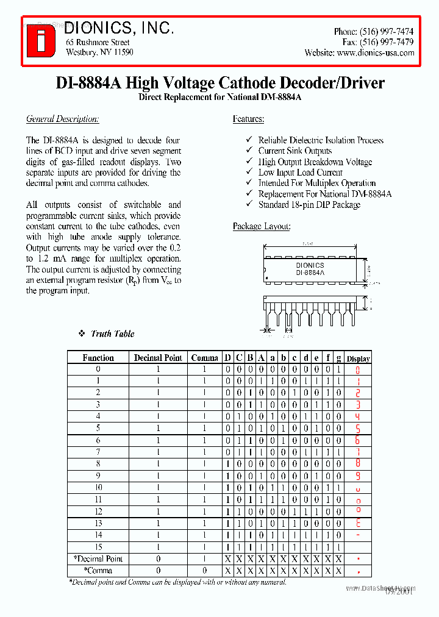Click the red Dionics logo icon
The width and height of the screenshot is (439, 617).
41,41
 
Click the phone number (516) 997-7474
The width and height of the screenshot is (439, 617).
387,31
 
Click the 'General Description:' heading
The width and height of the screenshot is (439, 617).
62,119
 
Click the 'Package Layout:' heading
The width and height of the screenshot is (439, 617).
262,226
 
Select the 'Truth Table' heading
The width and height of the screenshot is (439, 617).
112,333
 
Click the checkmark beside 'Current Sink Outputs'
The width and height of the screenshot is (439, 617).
249,151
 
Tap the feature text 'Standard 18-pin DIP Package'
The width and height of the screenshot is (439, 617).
309,205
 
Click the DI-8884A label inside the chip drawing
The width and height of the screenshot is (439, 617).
311,273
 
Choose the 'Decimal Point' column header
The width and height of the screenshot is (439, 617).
158,358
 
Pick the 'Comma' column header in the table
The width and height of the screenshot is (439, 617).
204,358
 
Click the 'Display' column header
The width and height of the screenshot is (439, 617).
359,358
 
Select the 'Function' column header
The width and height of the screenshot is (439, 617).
98,358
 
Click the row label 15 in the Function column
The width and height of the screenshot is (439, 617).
98,547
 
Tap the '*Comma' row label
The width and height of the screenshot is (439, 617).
98,571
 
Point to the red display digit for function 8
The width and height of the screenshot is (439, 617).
359,464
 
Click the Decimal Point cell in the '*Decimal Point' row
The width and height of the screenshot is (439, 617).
158,559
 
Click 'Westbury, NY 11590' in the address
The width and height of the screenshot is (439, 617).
99,52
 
